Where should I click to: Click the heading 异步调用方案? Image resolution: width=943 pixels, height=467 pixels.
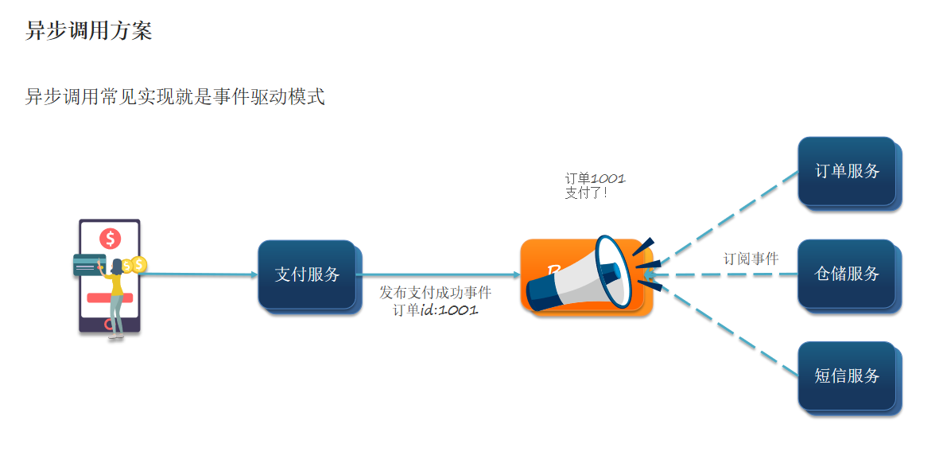click(x=88, y=31)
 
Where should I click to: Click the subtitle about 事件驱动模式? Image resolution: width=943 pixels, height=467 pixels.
click(x=175, y=97)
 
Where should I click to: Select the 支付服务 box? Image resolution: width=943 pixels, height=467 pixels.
click(x=307, y=274)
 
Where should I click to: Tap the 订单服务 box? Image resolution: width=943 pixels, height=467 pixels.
click(x=848, y=171)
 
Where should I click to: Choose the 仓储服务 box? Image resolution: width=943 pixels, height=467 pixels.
click(x=848, y=274)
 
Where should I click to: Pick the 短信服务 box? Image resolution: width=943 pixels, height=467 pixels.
click(x=848, y=376)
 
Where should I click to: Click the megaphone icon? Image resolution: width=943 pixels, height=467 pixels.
click(x=588, y=274)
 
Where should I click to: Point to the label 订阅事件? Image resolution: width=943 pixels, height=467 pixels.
click(x=751, y=259)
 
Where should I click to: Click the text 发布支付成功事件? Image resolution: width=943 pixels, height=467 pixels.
click(x=435, y=293)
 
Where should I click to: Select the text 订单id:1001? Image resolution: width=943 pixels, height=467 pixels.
click(x=435, y=310)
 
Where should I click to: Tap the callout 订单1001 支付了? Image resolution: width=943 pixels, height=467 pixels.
click(x=589, y=185)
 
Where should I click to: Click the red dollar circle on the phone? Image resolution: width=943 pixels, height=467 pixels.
click(x=110, y=238)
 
